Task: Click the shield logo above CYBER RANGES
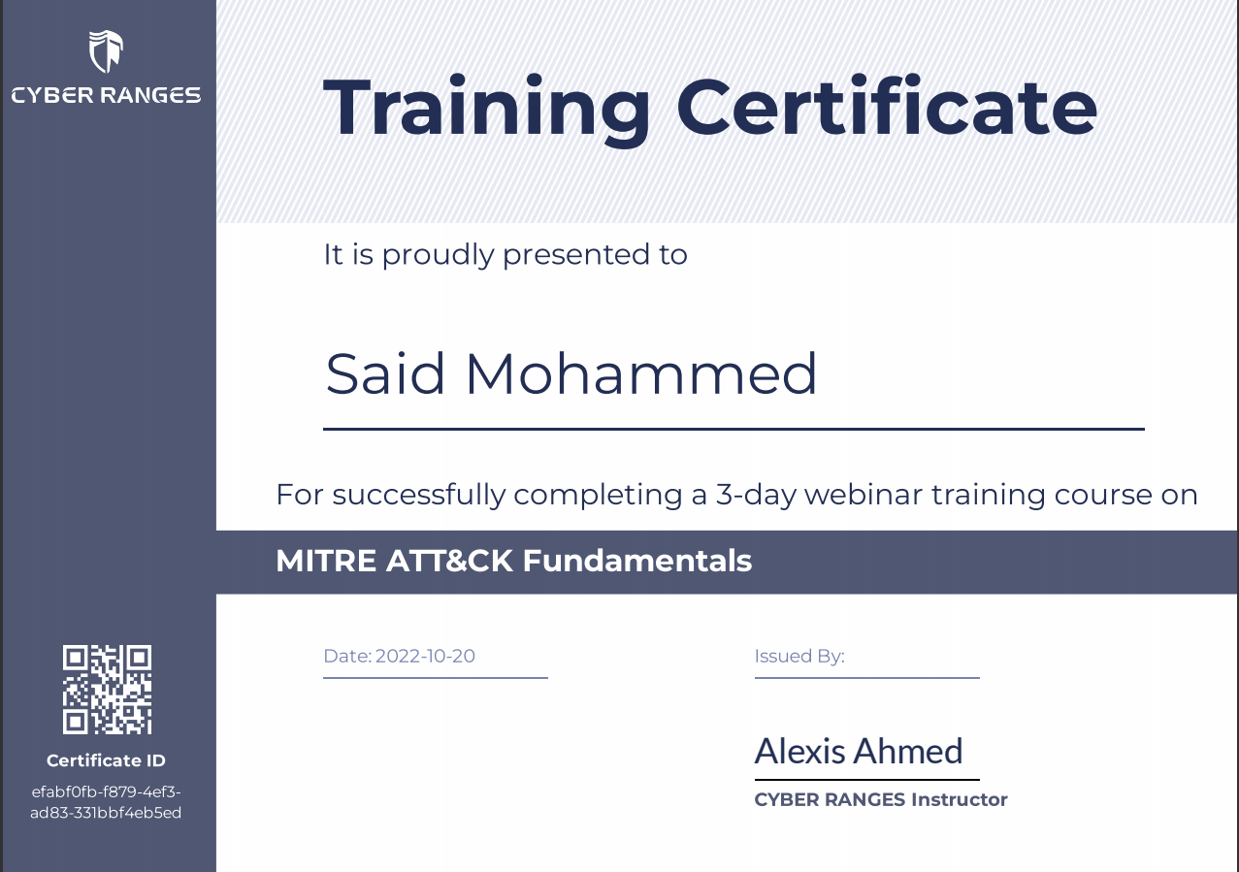[x=106, y=51]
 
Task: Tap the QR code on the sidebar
[x=107, y=689]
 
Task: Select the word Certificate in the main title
[x=887, y=106]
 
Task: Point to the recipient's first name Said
[x=385, y=373]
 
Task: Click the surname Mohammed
[x=641, y=373]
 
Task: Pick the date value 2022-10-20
[x=425, y=656]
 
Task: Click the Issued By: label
[x=799, y=657]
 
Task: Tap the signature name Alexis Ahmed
[x=859, y=751]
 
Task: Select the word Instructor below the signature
[x=960, y=799]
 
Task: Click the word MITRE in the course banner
[x=326, y=562]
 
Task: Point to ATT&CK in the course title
[x=449, y=562]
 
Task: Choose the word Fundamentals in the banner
[x=637, y=562]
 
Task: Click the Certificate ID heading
[x=106, y=760]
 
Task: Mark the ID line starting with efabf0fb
[x=106, y=791]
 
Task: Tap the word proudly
[x=438, y=255]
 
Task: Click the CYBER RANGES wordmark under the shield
[x=106, y=95]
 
